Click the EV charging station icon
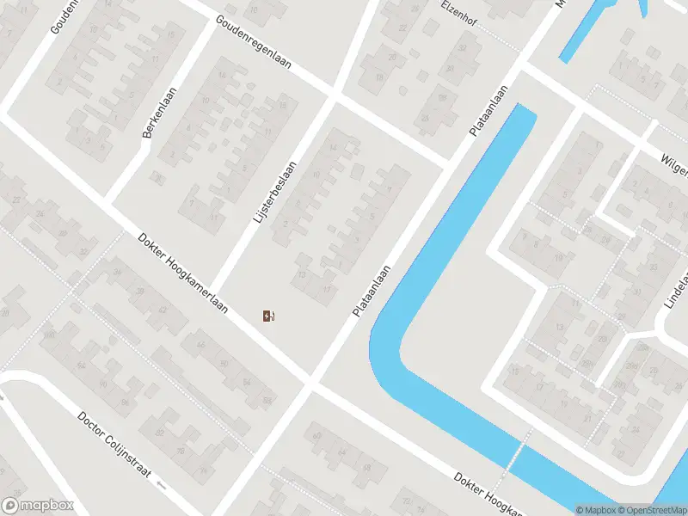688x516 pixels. [269, 316]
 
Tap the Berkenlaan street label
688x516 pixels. [159, 113]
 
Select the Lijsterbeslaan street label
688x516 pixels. [275, 193]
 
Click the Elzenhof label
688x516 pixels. [458, 12]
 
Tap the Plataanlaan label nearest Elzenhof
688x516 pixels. [489, 109]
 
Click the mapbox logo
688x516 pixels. [38, 506]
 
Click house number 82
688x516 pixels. [160, 433]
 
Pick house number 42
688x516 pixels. [162, 310]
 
